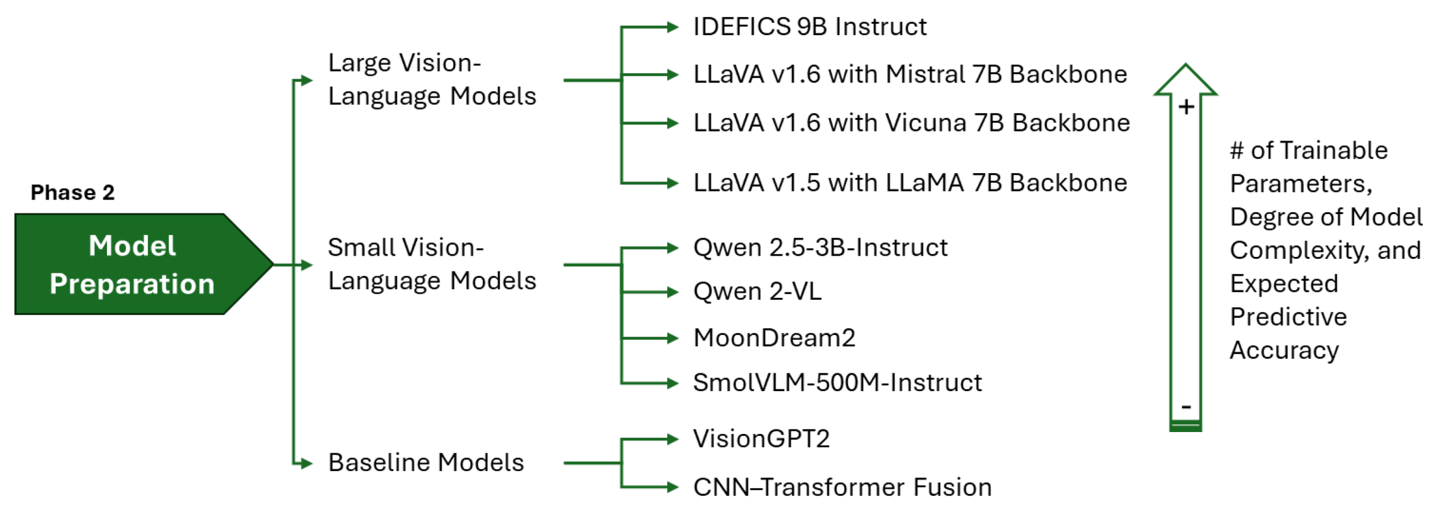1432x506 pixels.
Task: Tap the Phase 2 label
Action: coord(72,192)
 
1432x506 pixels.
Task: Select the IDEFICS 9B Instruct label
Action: coord(810,27)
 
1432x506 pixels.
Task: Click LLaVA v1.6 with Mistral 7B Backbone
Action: coord(909,74)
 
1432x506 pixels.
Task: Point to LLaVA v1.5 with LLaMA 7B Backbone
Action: coord(909,183)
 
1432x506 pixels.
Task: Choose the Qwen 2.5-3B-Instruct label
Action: coord(820,248)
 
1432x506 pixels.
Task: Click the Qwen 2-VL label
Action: coord(757,291)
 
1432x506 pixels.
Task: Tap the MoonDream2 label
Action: coord(774,338)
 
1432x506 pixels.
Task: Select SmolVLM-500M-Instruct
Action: coord(837,382)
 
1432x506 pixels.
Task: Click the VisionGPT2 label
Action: coord(761,439)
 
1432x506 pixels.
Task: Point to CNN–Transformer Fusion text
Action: coord(842,487)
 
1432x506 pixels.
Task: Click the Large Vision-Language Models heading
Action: coord(431,79)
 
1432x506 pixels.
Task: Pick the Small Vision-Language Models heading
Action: coord(431,264)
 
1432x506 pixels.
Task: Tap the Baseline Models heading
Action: coord(426,463)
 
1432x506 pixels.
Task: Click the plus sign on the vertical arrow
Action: coord(1186,107)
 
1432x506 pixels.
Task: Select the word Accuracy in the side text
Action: coord(1284,350)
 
